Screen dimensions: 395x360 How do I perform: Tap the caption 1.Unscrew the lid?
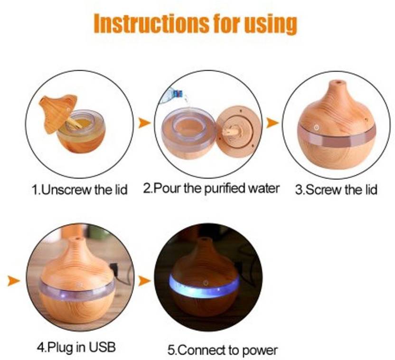80,189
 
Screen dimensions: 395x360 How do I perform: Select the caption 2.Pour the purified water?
211,189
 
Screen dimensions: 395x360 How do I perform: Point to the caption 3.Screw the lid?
336,189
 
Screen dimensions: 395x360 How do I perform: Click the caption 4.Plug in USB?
76,347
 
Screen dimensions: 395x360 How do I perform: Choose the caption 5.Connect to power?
223,350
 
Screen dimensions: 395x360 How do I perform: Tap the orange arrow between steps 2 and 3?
273,123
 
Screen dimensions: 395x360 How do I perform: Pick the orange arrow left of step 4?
13,281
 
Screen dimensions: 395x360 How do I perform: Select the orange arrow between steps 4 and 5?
144,281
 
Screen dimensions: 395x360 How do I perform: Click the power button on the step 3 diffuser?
316,128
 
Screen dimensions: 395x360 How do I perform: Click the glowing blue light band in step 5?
204,288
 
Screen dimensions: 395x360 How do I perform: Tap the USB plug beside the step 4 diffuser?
113,267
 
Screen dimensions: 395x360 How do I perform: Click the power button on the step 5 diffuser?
206,283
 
